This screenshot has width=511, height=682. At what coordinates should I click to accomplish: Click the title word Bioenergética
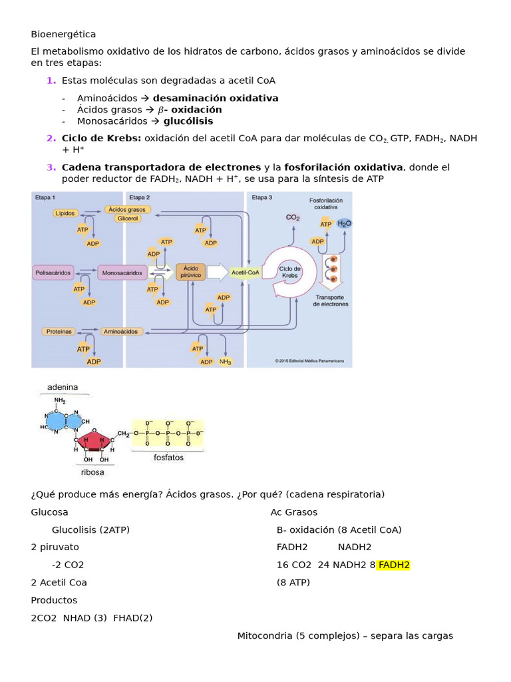pos(63,34)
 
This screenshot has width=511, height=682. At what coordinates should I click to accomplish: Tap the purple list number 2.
pos(51,138)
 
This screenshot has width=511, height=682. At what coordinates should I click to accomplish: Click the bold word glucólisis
pos(188,121)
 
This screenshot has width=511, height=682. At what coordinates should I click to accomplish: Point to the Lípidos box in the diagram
pos(66,213)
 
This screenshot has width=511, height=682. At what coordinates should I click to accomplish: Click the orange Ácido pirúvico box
pos(190,272)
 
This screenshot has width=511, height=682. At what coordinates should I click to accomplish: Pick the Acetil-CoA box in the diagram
pos(245,272)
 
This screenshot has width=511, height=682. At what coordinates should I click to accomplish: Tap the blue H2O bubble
pos(344,224)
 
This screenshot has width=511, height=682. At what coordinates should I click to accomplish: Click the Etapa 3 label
pos(261,198)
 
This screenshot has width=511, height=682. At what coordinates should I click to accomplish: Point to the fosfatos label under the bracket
pos(168,458)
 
